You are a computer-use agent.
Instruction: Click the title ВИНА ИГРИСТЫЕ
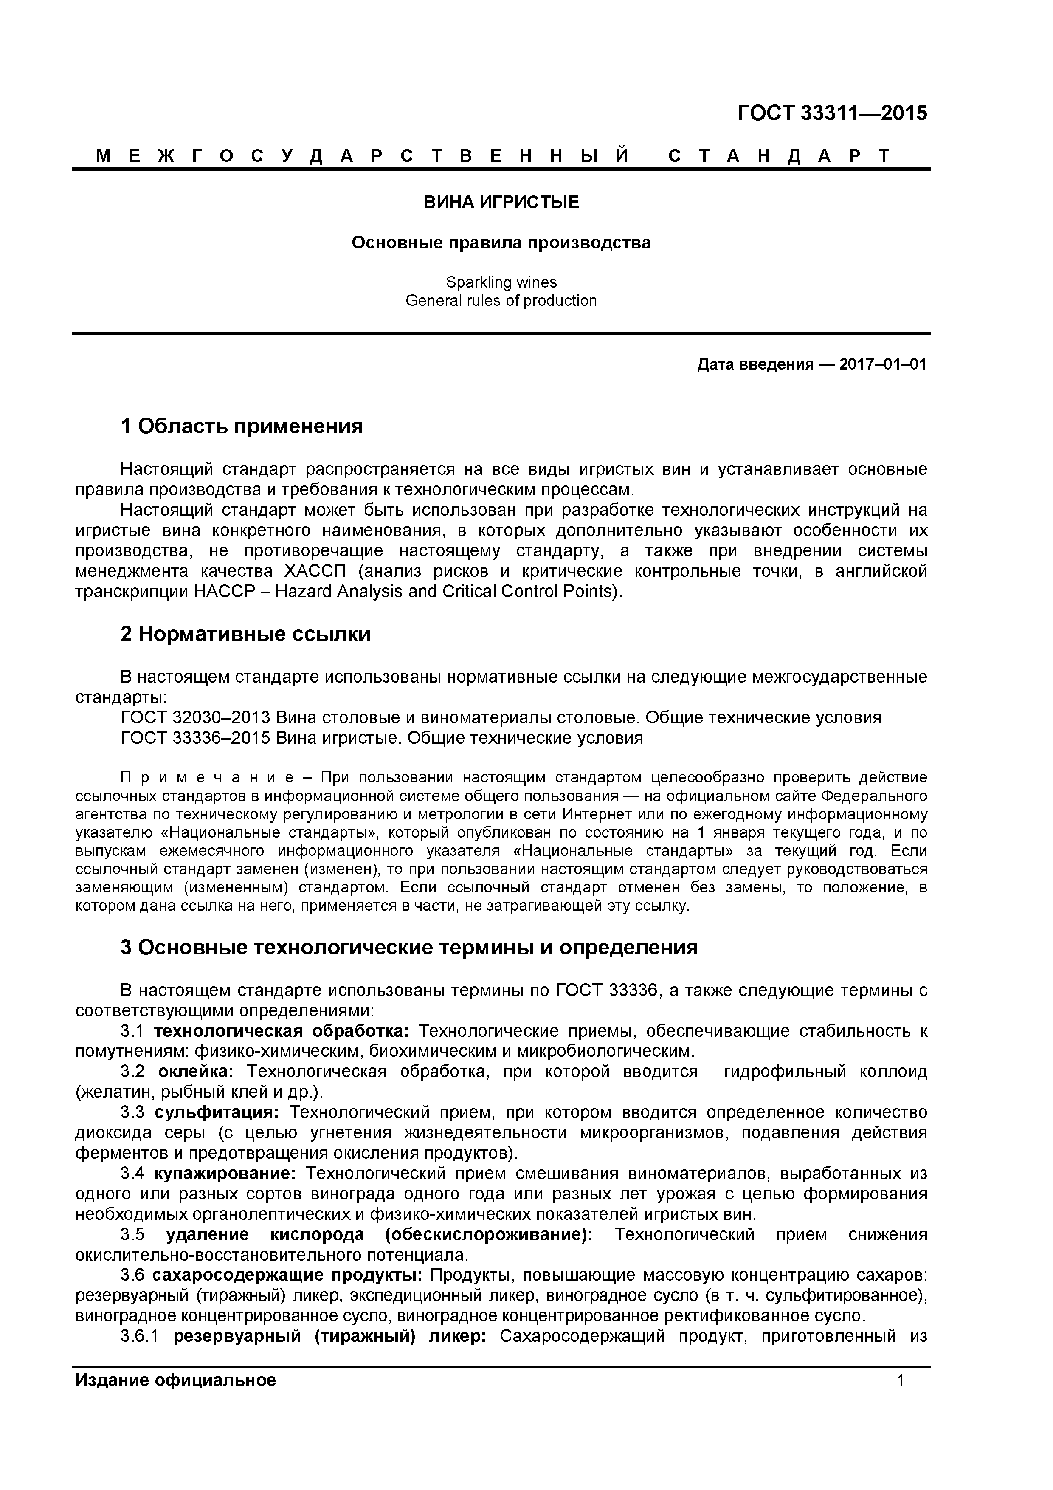click(x=501, y=203)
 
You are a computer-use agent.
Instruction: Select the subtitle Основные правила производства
click(x=501, y=243)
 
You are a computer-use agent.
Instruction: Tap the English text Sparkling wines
click(x=501, y=282)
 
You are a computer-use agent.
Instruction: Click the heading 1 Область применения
click(x=241, y=426)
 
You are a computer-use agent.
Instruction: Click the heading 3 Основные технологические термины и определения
click(x=409, y=948)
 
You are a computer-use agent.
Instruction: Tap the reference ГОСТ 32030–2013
click(x=195, y=718)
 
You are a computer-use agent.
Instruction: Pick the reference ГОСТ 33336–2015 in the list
click(x=195, y=738)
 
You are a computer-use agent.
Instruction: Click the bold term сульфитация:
click(x=217, y=1112)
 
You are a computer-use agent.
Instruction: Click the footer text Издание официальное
click(x=175, y=1380)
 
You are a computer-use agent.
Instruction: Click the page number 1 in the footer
click(x=900, y=1380)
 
